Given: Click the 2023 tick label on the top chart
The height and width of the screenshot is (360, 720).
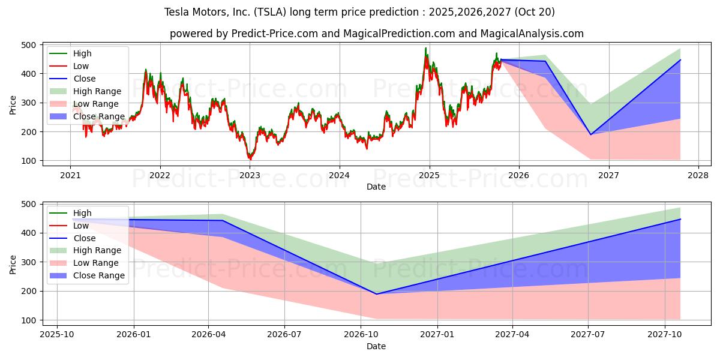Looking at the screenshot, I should pos(250,175).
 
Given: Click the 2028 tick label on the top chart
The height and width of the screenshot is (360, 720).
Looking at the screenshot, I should pos(698,175).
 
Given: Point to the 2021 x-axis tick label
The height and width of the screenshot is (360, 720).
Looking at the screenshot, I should pos(70,175).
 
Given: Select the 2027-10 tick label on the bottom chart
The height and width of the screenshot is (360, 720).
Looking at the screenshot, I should pos(665,335).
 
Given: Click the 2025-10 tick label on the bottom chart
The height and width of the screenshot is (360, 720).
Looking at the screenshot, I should pos(57,335).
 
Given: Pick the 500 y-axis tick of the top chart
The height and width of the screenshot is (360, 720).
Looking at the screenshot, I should pos(28,45).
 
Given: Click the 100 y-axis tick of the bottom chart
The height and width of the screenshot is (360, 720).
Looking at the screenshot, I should pos(28,320).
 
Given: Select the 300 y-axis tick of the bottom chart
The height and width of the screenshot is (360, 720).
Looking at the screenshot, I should pos(28,262).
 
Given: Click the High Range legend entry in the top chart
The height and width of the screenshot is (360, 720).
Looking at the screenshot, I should pos(97,92).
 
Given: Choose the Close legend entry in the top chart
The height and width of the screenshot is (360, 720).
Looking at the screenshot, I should pos(85,79).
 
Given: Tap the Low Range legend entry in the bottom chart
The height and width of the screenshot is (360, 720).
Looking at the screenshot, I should pos(96,263).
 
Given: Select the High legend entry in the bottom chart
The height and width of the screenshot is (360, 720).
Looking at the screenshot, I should pos(82,213).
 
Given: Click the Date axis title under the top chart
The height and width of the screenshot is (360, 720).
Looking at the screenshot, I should pos(376,187).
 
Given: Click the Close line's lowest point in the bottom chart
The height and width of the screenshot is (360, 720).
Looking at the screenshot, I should pos(377,294).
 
